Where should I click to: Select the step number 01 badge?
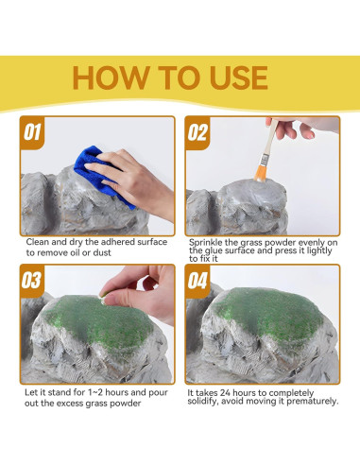[32, 132]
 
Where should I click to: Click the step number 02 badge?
[197, 132]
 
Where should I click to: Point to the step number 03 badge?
[31, 281]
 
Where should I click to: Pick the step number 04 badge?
[197, 281]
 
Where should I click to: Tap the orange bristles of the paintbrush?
[261, 173]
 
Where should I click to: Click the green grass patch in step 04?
[271, 314]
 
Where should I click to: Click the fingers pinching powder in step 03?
[140, 291]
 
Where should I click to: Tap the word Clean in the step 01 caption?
[38, 242]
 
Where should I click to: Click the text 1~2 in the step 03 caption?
[95, 392]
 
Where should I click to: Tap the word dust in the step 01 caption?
[102, 252]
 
